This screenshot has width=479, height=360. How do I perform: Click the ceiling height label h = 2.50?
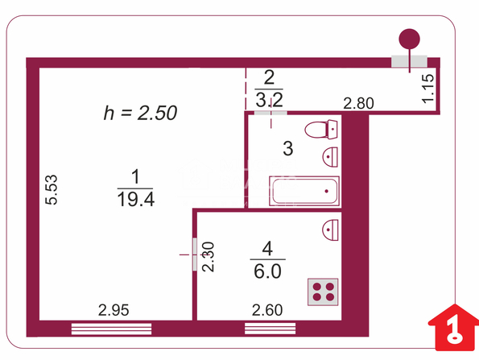[x=140, y=113]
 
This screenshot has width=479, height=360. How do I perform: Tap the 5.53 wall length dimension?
[x=52, y=189]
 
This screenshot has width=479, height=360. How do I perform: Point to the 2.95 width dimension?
[x=114, y=310]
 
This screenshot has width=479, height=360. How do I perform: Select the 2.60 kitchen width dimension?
[x=267, y=310]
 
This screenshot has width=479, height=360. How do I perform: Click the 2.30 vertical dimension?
[x=209, y=257]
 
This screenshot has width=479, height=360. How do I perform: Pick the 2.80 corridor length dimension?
[x=358, y=103]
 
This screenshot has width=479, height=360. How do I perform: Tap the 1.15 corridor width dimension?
[x=427, y=89]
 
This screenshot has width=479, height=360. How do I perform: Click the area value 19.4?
[x=135, y=200]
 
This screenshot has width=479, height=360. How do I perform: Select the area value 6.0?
[x=267, y=271]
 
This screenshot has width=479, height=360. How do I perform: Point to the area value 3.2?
[x=269, y=99]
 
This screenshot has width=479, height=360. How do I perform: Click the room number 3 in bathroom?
[x=288, y=148]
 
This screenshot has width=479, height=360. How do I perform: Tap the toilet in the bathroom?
[x=321, y=130]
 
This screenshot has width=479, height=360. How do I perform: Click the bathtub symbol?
[x=304, y=191]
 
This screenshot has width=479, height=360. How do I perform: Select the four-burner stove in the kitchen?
[x=323, y=292]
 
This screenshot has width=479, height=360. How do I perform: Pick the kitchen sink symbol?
[x=331, y=230]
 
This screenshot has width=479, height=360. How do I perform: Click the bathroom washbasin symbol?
[x=330, y=157]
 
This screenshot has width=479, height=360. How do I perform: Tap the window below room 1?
[x=112, y=329]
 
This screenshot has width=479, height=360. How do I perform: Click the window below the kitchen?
[x=270, y=329]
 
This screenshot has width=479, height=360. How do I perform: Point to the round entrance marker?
[x=409, y=39]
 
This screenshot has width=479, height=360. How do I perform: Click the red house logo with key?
[x=454, y=328]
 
